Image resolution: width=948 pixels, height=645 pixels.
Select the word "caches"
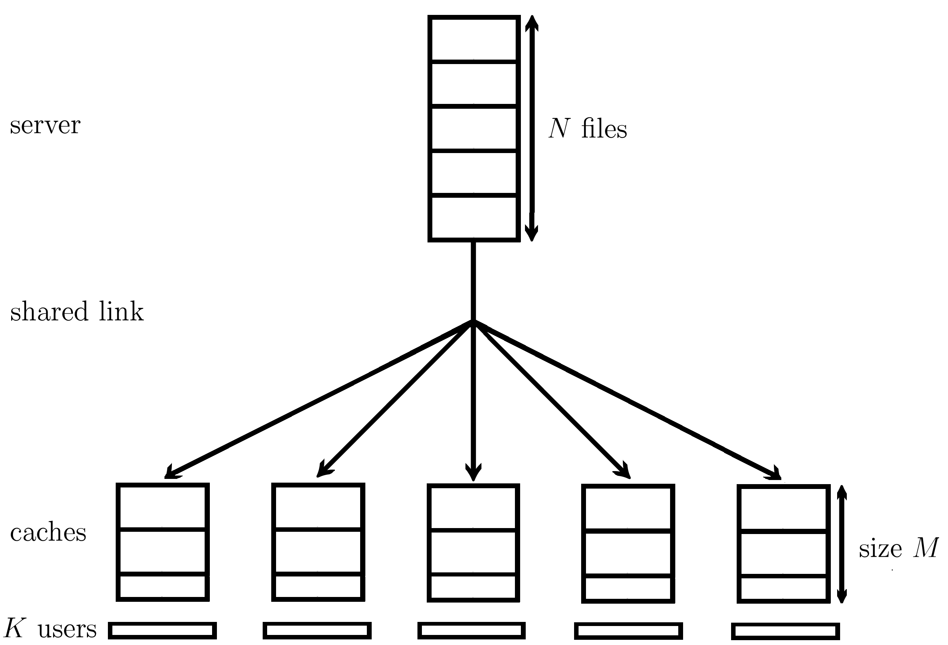48,533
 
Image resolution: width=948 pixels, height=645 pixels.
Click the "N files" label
587,129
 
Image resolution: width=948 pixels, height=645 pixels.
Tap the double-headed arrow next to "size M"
842,544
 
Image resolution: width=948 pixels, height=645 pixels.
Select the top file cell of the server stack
474,39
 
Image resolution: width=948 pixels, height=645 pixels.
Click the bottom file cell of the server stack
474,217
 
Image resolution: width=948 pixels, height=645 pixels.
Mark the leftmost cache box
163,543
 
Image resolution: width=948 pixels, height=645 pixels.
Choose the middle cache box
473,543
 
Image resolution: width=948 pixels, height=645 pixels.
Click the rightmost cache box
783,544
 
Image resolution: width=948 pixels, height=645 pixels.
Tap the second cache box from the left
318,543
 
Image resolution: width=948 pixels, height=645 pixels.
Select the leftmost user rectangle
162,631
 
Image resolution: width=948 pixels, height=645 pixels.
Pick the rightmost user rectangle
785,632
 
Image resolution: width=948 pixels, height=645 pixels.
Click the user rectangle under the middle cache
471,631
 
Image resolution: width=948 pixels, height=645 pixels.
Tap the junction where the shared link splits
473,321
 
